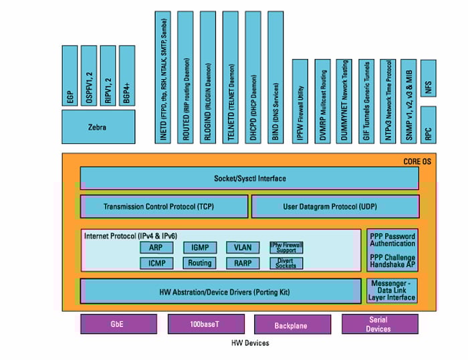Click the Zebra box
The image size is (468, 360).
coord(98,126)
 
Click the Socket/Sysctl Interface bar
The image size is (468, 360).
coord(249,179)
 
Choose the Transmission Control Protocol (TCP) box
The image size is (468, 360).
coord(164,207)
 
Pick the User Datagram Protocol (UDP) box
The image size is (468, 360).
coord(335,207)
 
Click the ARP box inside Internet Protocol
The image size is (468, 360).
coord(156,248)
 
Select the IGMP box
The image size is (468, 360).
coord(199,248)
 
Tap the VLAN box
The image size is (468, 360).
coord(242,248)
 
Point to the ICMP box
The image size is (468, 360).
coord(156,263)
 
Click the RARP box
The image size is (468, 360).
coord(242,263)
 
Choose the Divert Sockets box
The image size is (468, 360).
coord(285,263)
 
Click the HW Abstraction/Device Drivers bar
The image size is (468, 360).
coord(221,291)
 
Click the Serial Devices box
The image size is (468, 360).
coord(378,325)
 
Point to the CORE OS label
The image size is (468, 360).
coord(418,161)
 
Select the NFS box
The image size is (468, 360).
coord(429,80)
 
